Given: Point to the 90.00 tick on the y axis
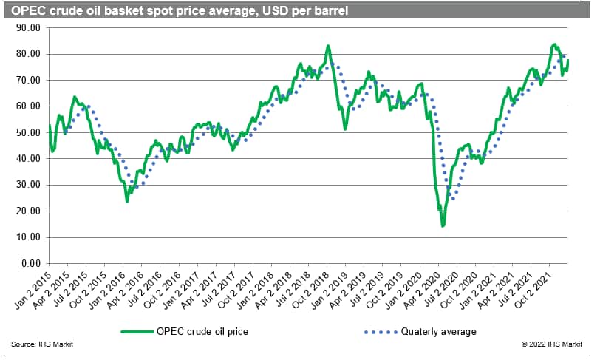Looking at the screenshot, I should click(x=27, y=27).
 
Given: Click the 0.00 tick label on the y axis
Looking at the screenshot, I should click(x=30, y=263).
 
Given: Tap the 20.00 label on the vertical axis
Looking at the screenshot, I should click(x=27, y=211).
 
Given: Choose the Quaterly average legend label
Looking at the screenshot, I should click(x=439, y=331).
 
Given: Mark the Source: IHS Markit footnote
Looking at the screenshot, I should click(x=42, y=344).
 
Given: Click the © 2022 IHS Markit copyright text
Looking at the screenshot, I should click(x=556, y=344).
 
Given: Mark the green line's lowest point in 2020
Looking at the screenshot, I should click(x=443, y=225).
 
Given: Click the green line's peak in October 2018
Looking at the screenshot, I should click(x=327, y=46).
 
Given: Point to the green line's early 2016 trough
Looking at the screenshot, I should click(x=127, y=201).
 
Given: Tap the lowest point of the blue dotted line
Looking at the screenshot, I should click(x=452, y=199).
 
